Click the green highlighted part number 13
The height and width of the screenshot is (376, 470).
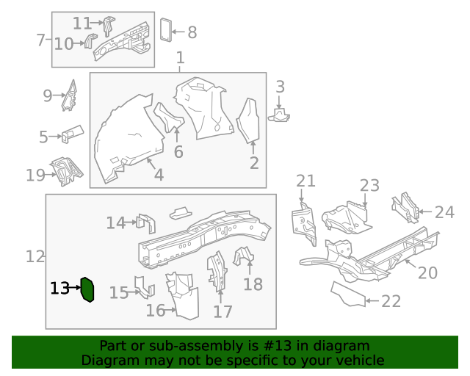tap(87, 290)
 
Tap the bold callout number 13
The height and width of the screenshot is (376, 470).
tap(59, 289)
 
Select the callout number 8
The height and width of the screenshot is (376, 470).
tap(192, 32)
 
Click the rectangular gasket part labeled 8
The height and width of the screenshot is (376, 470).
tap(166, 29)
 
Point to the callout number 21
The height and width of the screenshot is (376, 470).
tap(305, 181)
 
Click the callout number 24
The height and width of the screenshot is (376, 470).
tap(444, 213)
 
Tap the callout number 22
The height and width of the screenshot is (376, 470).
tap(391, 301)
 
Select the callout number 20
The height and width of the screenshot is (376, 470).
tap(427, 273)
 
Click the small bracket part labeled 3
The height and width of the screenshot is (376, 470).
tap(280, 114)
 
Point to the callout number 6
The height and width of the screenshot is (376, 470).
tap(178, 152)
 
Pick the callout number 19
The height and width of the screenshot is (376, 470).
tap(35, 175)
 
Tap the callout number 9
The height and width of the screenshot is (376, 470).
tap(48, 95)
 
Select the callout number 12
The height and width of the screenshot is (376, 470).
tap(35, 256)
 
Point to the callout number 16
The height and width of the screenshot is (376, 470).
tap(155, 311)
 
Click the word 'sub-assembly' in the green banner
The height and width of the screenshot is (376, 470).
tap(194, 346)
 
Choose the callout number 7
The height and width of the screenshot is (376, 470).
tap(41, 40)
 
